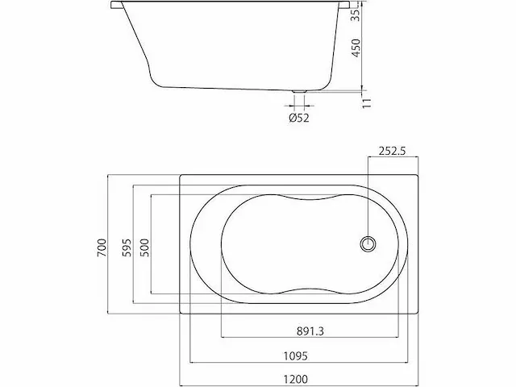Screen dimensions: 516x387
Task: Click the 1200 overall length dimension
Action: [296, 380]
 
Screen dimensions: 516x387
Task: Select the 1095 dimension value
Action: [296, 356]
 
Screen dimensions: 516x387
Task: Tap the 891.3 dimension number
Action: [310, 331]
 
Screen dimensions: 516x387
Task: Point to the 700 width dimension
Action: [102, 248]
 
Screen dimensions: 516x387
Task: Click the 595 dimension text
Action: [127, 248]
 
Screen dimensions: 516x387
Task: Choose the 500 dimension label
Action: [144, 248]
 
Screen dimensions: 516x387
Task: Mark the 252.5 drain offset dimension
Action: [393, 151]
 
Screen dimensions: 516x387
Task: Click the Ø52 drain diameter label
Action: [299, 118]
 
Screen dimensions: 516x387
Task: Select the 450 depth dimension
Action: [356, 48]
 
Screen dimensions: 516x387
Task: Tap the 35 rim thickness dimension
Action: [356, 15]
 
